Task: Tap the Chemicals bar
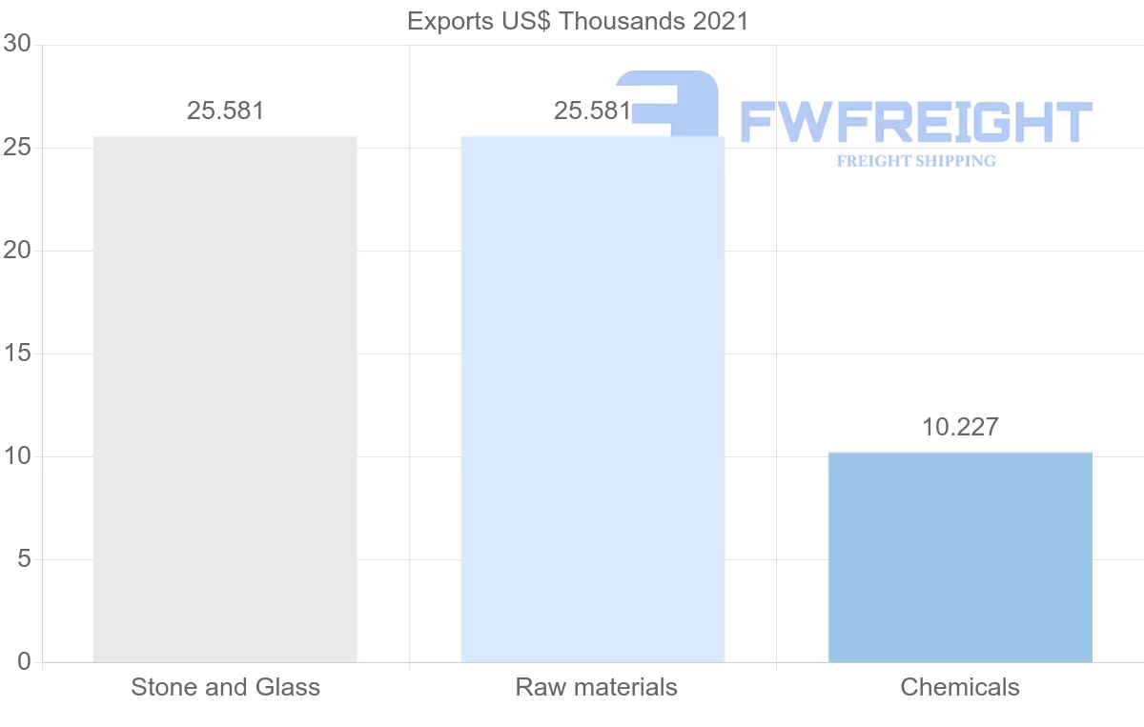tap(960, 557)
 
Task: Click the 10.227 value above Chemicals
tap(960, 427)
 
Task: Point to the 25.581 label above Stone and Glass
tap(225, 111)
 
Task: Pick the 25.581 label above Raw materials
tap(592, 111)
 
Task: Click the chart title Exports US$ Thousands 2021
tap(578, 21)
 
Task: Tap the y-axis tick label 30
tap(17, 45)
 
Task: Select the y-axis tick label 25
tap(17, 148)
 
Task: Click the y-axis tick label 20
tap(17, 251)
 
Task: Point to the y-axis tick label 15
tap(17, 353)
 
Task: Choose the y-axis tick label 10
tap(17, 456)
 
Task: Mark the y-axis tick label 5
tap(24, 559)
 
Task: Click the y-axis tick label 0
tap(24, 662)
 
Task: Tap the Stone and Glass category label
tap(225, 687)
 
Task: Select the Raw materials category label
tap(596, 687)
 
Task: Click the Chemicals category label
tap(960, 687)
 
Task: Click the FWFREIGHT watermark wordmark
tap(915, 122)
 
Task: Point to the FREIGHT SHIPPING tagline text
tap(916, 161)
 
